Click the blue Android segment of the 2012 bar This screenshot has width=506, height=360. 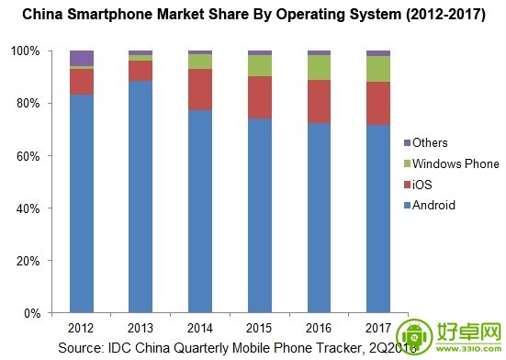tap(81, 202)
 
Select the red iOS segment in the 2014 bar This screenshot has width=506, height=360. tap(200, 89)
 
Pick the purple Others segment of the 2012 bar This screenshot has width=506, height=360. tap(81, 58)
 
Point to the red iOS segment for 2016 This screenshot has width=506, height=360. tap(319, 101)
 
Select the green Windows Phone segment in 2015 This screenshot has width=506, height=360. tap(259, 65)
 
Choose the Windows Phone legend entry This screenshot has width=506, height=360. tap(455, 163)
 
